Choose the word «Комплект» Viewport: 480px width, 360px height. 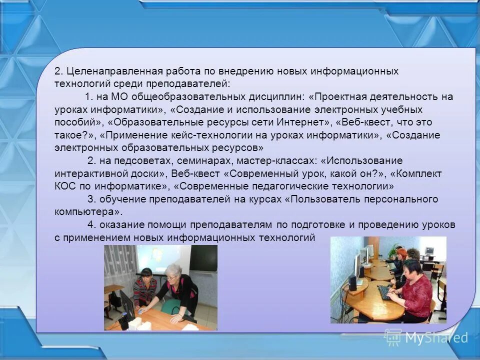click(417, 173)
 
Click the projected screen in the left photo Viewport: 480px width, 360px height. click(160, 260)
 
